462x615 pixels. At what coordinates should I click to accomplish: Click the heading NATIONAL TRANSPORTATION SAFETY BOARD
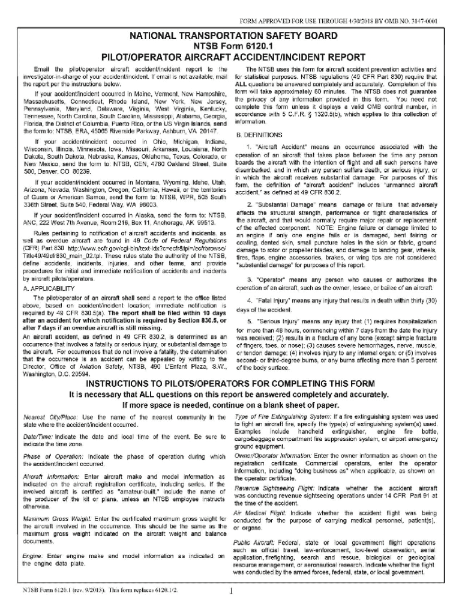tap(231, 36)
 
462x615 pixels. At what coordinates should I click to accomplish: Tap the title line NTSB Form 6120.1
tap(231, 46)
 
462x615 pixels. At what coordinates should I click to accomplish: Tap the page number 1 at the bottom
tap(231, 591)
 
